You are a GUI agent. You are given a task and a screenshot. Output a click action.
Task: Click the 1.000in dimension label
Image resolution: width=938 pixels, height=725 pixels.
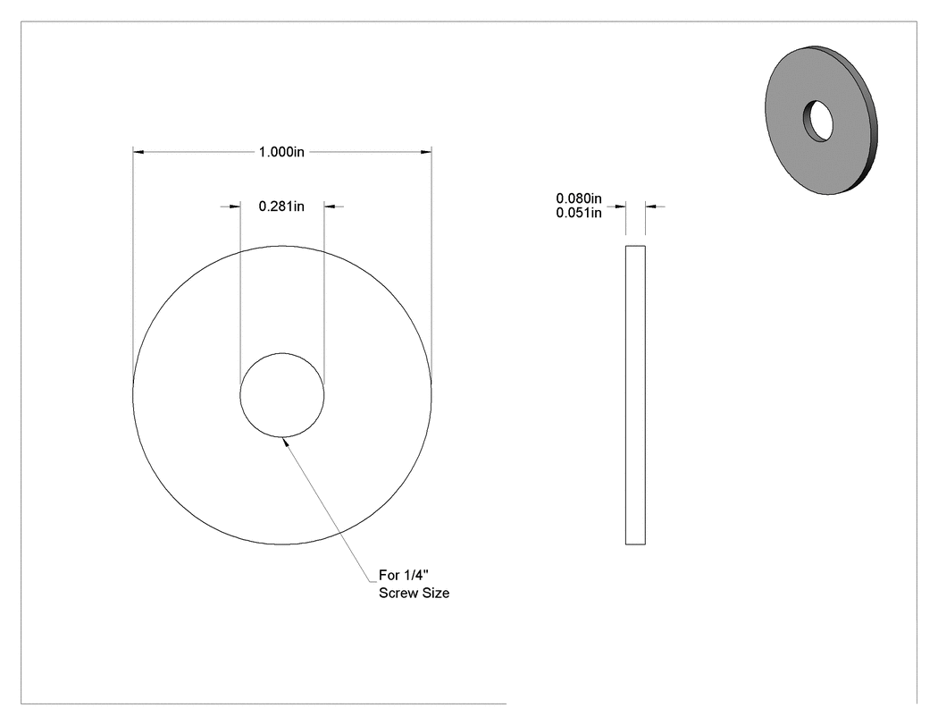pyautogui.click(x=281, y=152)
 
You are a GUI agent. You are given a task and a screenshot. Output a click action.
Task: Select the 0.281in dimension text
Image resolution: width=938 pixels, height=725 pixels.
pyautogui.click(x=281, y=207)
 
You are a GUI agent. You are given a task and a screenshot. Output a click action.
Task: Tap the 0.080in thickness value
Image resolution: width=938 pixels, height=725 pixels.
pyautogui.click(x=579, y=198)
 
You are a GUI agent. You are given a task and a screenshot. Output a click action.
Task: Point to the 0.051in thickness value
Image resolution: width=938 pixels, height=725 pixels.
pyautogui.click(x=579, y=213)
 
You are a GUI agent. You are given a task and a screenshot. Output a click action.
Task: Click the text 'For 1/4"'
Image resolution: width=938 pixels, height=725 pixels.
pyautogui.click(x=404, y=576)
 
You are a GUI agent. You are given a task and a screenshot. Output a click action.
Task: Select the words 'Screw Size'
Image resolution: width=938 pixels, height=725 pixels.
pyautogui.click(x=414, y=594)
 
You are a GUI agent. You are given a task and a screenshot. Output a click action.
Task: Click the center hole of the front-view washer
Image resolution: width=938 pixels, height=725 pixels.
pyautogui.click(x=281, y=395)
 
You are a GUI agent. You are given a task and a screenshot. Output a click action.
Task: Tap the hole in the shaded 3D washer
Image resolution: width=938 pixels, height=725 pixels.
pyautogui.click(x=817, y=121)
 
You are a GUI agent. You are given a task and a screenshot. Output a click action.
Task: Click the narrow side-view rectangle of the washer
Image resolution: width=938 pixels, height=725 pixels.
pyautogui.click(x=635, y=395)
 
